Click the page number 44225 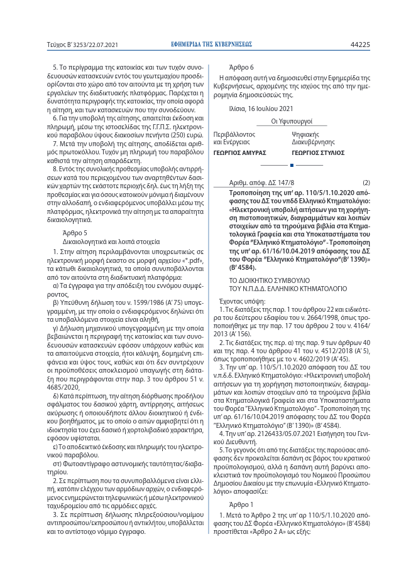pyautogui.click(x=359, y=45)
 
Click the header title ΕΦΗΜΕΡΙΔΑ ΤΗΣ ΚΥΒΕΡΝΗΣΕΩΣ pyautogui.click(x=212, y=45)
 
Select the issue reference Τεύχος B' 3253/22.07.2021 pyautogui.click(x=82, y=45)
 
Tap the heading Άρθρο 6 pyautogui.click(x=241, y=67)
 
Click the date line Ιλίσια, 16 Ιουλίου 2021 pyautogui.click(x=260, y=109)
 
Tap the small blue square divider pyautogui.click(x=292, y=165)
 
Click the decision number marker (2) pyautogui.click(x=366, y=182)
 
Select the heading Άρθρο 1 pyautogui.click(x=241, y=504)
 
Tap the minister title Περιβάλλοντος pyautogui.click(x=234, y=134)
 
